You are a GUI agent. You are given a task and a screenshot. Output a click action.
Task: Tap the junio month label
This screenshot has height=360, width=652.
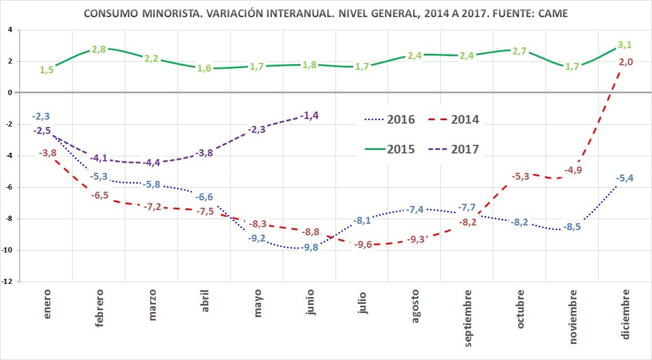point(310,303)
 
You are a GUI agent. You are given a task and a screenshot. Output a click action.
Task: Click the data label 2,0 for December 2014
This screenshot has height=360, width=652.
point(626,62)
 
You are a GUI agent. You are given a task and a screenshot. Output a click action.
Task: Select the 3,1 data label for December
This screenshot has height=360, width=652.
point(626,44)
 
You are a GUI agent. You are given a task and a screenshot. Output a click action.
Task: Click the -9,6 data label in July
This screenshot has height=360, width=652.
point(362,245)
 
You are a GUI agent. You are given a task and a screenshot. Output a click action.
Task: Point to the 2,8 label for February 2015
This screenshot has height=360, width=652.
point(99,50)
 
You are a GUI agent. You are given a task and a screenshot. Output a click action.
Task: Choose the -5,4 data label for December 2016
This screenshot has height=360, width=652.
point(624,179)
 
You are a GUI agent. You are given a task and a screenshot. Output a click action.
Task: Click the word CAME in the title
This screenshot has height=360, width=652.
point(550,13)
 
